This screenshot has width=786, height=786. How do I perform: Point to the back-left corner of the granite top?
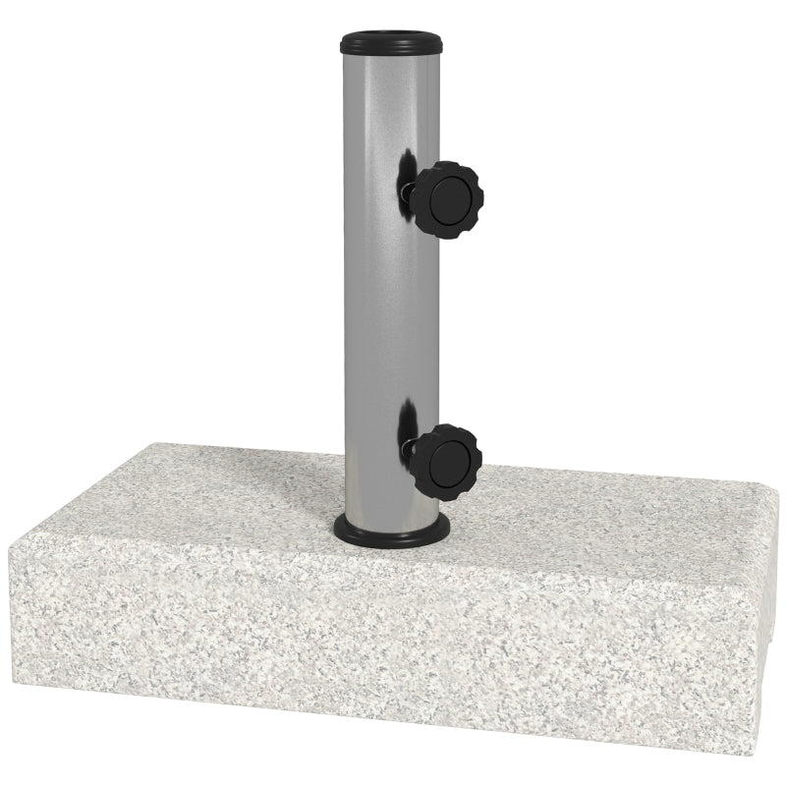(x=147, y=445)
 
